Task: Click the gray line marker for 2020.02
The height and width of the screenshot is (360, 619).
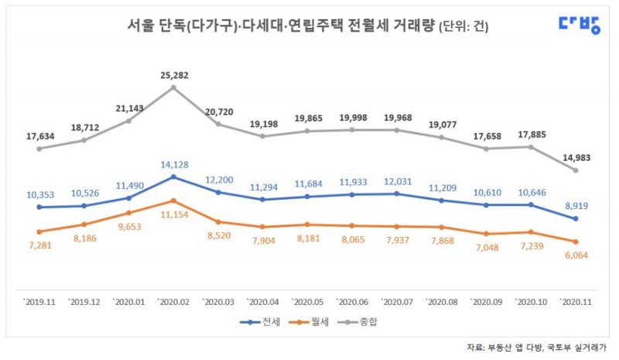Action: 173,87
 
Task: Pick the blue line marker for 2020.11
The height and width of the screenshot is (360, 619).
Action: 575,219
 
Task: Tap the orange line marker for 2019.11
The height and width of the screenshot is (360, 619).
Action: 39,231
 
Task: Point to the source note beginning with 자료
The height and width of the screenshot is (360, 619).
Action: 538,348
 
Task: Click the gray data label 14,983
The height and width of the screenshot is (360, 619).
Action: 575,157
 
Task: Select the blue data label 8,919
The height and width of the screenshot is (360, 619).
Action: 575,206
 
